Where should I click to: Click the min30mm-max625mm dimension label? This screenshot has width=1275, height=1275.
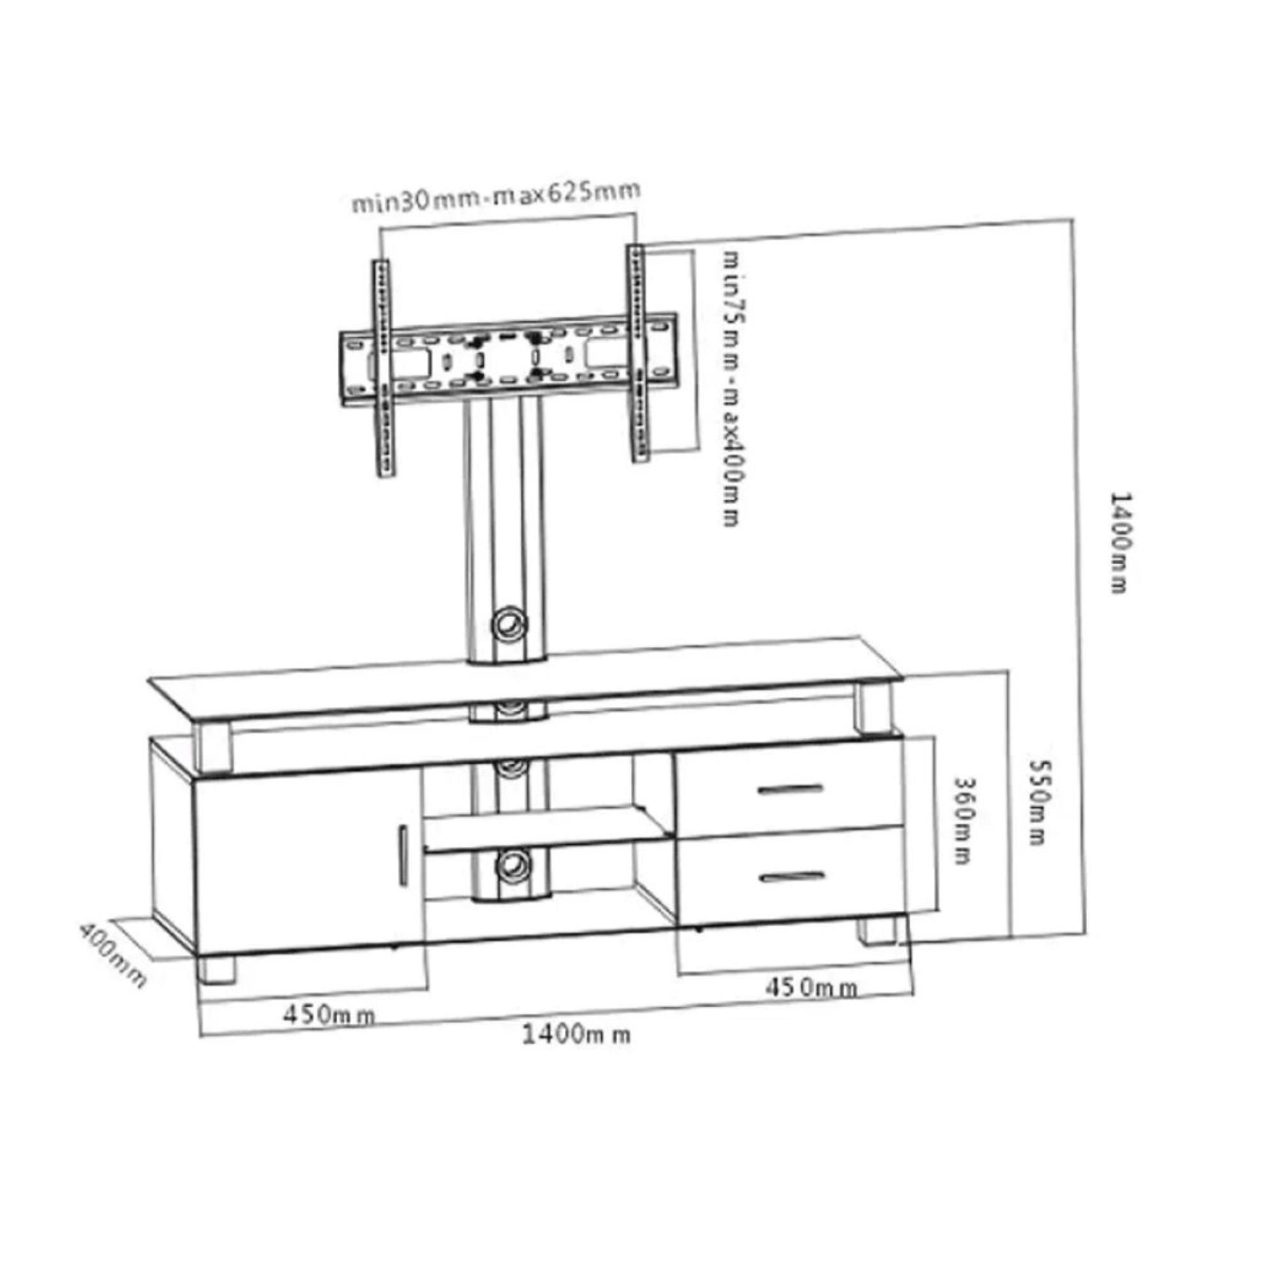pos(495,196)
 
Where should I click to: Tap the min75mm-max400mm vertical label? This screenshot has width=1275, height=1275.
pos(731,388)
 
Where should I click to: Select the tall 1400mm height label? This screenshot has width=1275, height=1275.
pos(1119,542)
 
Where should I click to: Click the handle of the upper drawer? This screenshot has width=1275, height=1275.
pos(789,789)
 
